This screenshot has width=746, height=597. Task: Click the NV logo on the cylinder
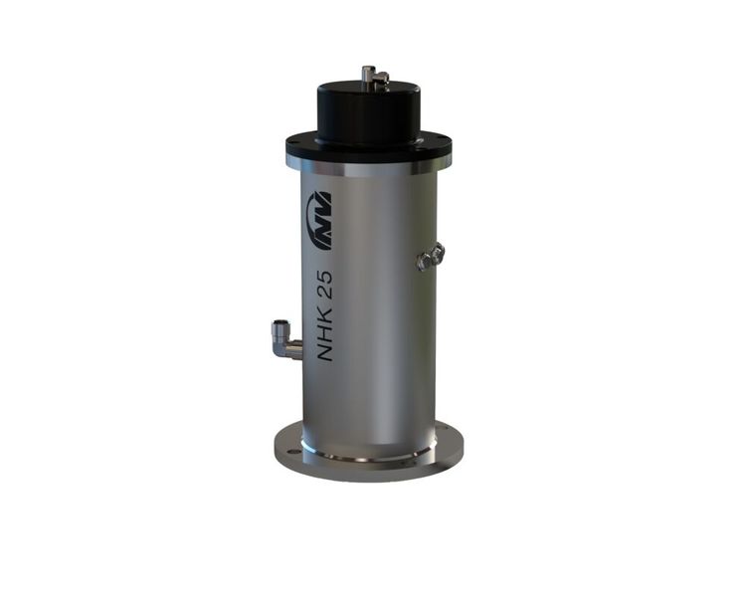coord(319,220)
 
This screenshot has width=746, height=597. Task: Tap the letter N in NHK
coord(324,352)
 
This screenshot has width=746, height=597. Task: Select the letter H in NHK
coord(324,331)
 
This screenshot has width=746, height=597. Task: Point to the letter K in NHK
coord(324,312)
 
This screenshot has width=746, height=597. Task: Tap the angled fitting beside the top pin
coord(381,79)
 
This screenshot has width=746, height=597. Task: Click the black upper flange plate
coord(369,149)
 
